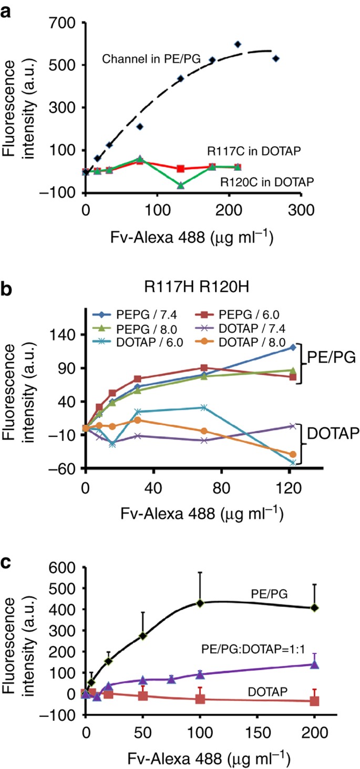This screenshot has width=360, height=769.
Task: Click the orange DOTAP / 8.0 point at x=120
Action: point(293,454)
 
